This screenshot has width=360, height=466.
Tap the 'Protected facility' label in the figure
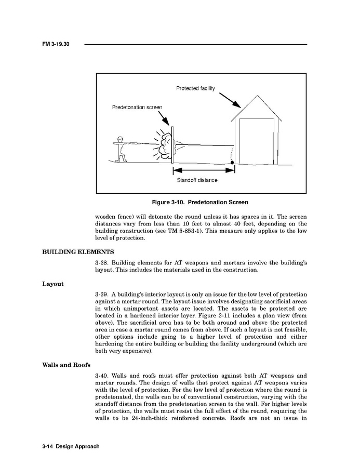(195, 88)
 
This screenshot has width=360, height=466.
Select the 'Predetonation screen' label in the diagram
(137, 107)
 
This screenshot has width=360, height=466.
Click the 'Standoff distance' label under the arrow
(197, 180)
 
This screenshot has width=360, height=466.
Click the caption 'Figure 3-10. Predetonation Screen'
(200, 202)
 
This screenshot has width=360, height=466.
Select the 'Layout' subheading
(52, 284)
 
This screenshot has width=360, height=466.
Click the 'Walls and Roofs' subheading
(64, 364)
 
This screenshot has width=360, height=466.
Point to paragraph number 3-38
(103, 263)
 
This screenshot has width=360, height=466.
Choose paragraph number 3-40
(103, 376)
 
